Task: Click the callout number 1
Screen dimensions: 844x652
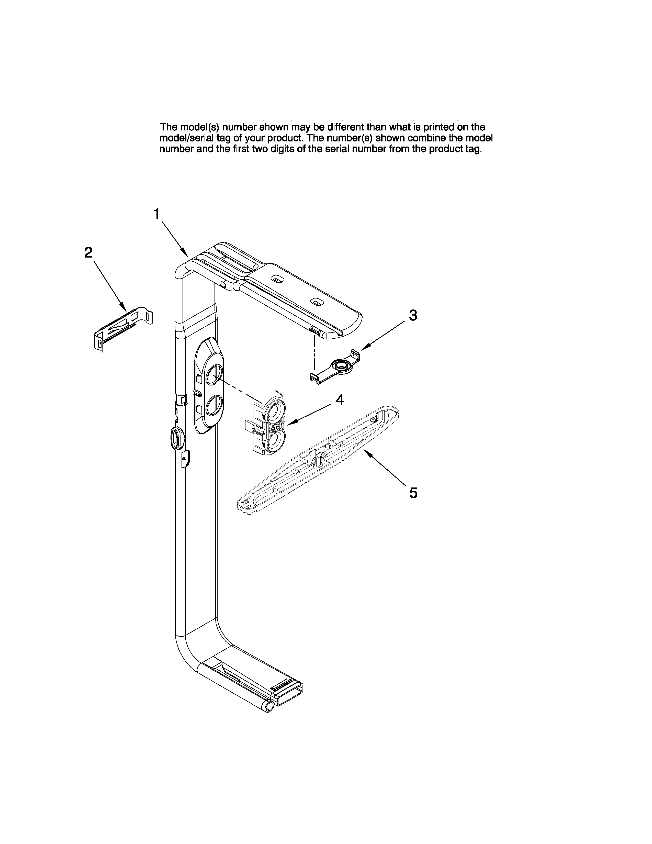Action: coord(157,214)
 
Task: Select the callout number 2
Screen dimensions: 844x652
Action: coord(88,253)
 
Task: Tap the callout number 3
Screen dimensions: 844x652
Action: coord(413,315)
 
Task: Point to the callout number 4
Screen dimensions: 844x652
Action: coord(340,400)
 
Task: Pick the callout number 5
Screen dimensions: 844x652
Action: coord(413,493)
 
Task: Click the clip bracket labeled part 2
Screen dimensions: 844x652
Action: coord(123,327)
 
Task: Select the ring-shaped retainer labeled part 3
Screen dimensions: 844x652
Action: coord(341,365)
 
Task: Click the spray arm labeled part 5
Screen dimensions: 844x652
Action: coord(317,460)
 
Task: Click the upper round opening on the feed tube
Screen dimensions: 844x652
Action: coord(213,375)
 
